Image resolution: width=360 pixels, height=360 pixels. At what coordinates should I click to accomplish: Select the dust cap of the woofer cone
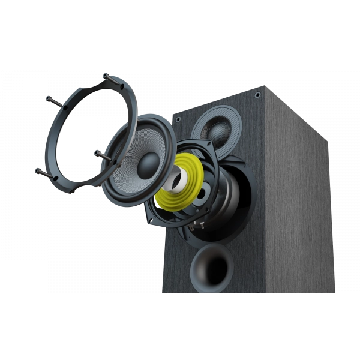pyautogui.click(x=148, y=164)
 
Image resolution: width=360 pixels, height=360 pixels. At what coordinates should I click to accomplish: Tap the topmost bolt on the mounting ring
pyautogui.click(x=106, y=76)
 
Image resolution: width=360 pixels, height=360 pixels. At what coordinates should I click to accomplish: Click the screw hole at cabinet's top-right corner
pyautogui.click(x=257, y=95)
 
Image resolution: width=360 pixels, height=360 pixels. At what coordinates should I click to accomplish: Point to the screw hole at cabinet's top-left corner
pyautogui.click(x=178, y=119)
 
